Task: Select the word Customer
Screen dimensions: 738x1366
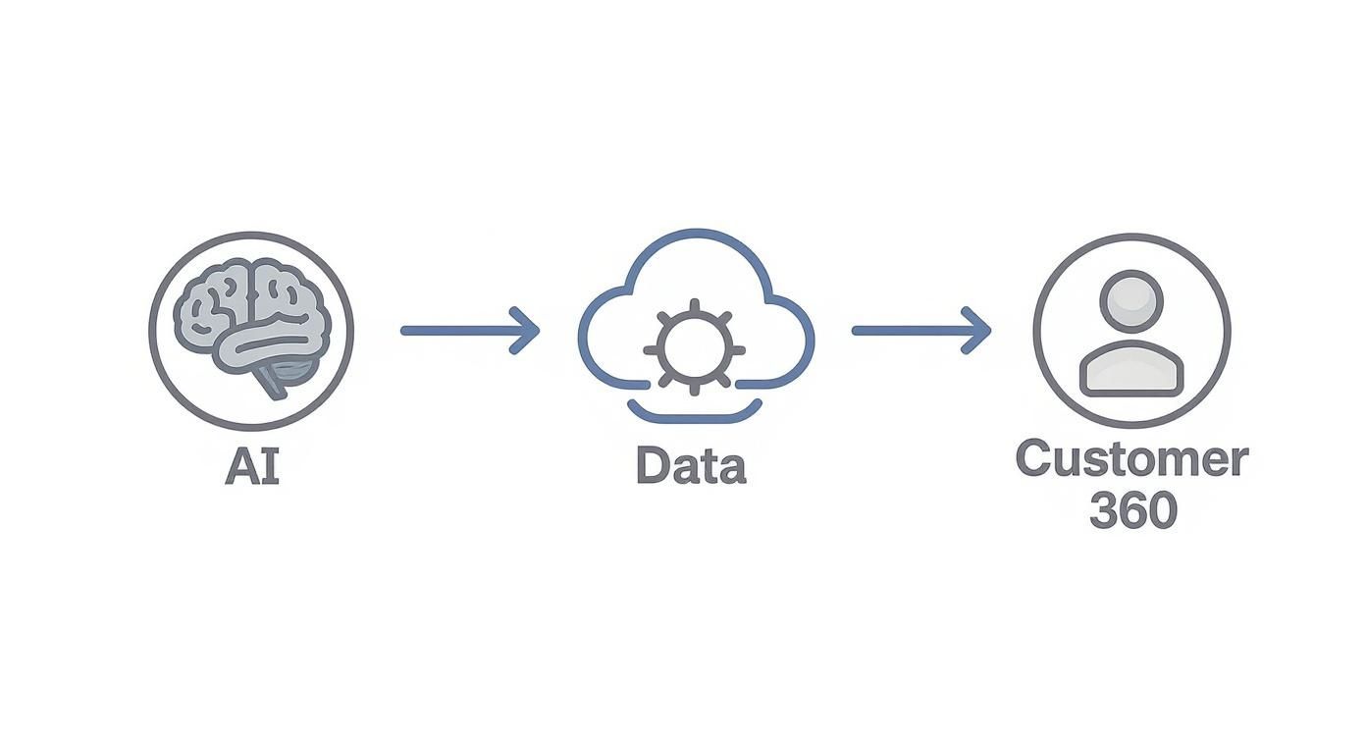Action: point(1131,459)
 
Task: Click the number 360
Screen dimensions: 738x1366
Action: point(1132,510)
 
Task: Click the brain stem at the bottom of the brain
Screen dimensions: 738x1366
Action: point(276,382)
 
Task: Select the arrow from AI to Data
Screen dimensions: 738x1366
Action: point(469,331)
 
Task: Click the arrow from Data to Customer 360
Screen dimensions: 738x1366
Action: point(919,331)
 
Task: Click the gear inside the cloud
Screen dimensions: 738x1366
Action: point(694,349)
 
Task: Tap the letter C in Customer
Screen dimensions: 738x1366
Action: point(1036,459)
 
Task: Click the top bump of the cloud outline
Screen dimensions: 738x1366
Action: point(694,237)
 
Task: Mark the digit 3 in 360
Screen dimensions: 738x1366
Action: point(1104,510)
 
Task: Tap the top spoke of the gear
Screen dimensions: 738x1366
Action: point(694,307)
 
